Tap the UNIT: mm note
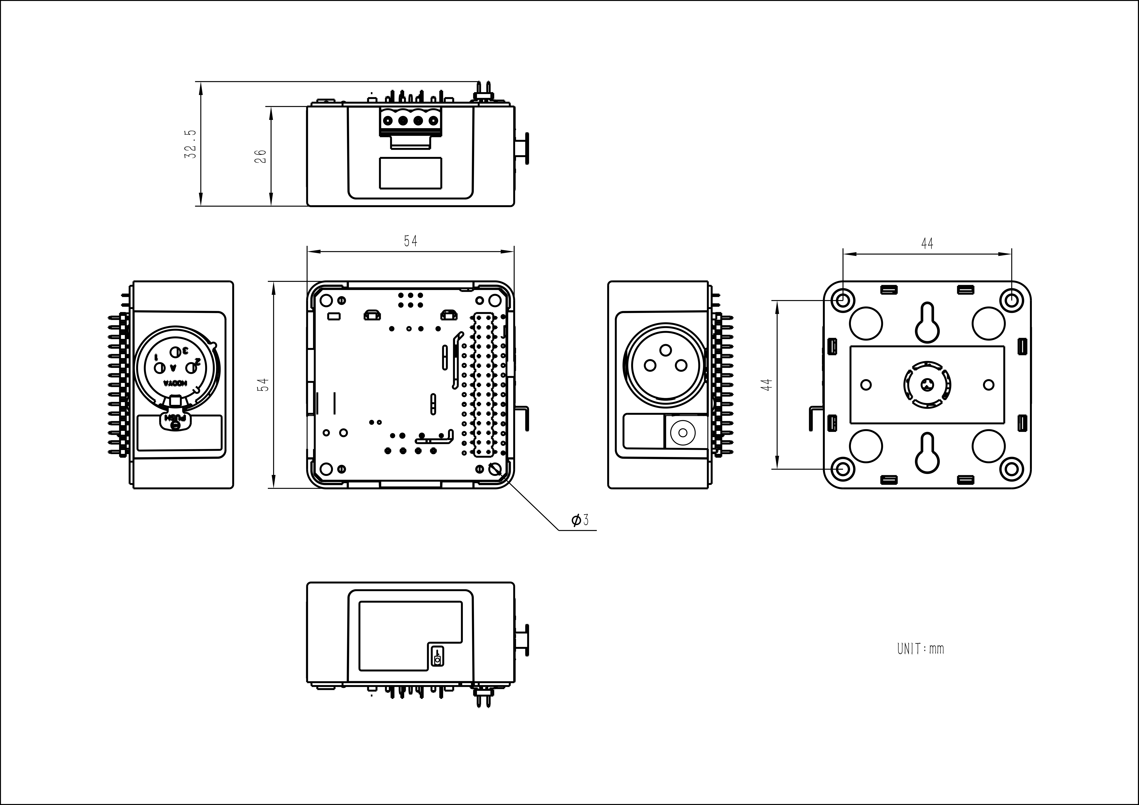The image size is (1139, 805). click(x=920, y=649)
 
